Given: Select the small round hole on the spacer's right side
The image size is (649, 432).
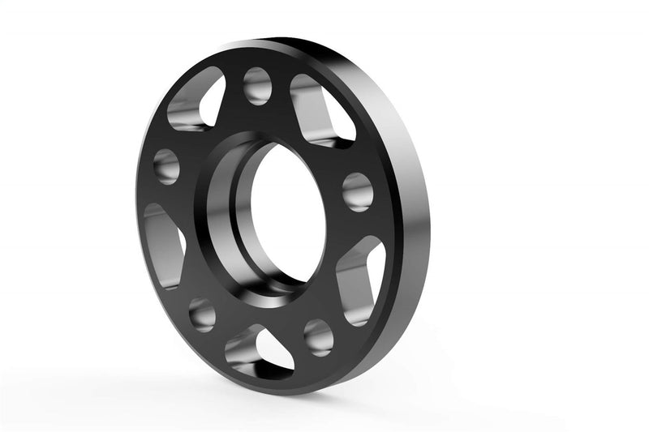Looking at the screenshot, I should tap(358, 191).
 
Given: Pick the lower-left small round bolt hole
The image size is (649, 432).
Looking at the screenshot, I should tap(202, 314).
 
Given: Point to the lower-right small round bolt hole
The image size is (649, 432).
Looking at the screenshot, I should tap(319, 336).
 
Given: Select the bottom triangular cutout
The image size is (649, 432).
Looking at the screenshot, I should tap(258, 353).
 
